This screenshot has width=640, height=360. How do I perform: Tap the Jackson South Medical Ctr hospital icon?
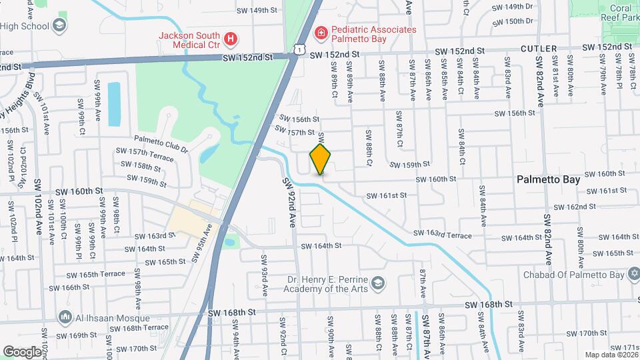(231, 39)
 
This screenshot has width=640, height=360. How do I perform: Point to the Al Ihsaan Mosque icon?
(65, 316)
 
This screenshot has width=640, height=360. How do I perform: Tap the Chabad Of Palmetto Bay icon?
(633, 274)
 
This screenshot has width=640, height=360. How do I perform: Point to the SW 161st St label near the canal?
(386, 196)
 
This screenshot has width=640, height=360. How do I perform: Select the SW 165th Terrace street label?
(95, 274)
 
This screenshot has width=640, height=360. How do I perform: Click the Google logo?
(21, 351)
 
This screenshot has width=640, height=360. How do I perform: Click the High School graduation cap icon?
(60, 25)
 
